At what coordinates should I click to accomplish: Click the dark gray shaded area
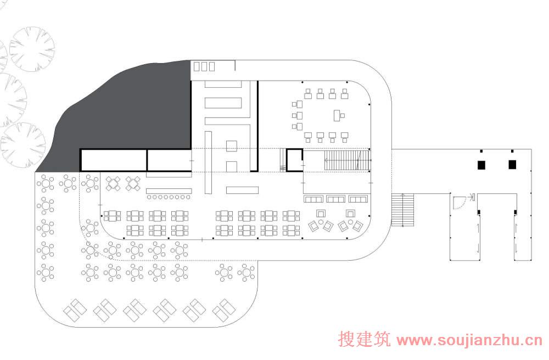137,110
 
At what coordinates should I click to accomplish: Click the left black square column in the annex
481,164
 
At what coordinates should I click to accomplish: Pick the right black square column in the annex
512,164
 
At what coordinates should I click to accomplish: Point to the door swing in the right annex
458,204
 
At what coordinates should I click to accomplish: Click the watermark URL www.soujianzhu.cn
469,341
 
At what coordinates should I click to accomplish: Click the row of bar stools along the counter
169,196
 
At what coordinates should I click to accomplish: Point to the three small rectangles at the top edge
204,66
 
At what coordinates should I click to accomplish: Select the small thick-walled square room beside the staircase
294,160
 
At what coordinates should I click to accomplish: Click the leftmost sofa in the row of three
313,199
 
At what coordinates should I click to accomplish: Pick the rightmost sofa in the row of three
357,199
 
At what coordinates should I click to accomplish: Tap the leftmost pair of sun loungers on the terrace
75,311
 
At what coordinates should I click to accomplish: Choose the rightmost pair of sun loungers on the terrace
224,311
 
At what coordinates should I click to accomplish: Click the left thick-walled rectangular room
114,160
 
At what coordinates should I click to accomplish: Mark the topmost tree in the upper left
32,49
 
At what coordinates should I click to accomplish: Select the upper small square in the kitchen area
232,145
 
